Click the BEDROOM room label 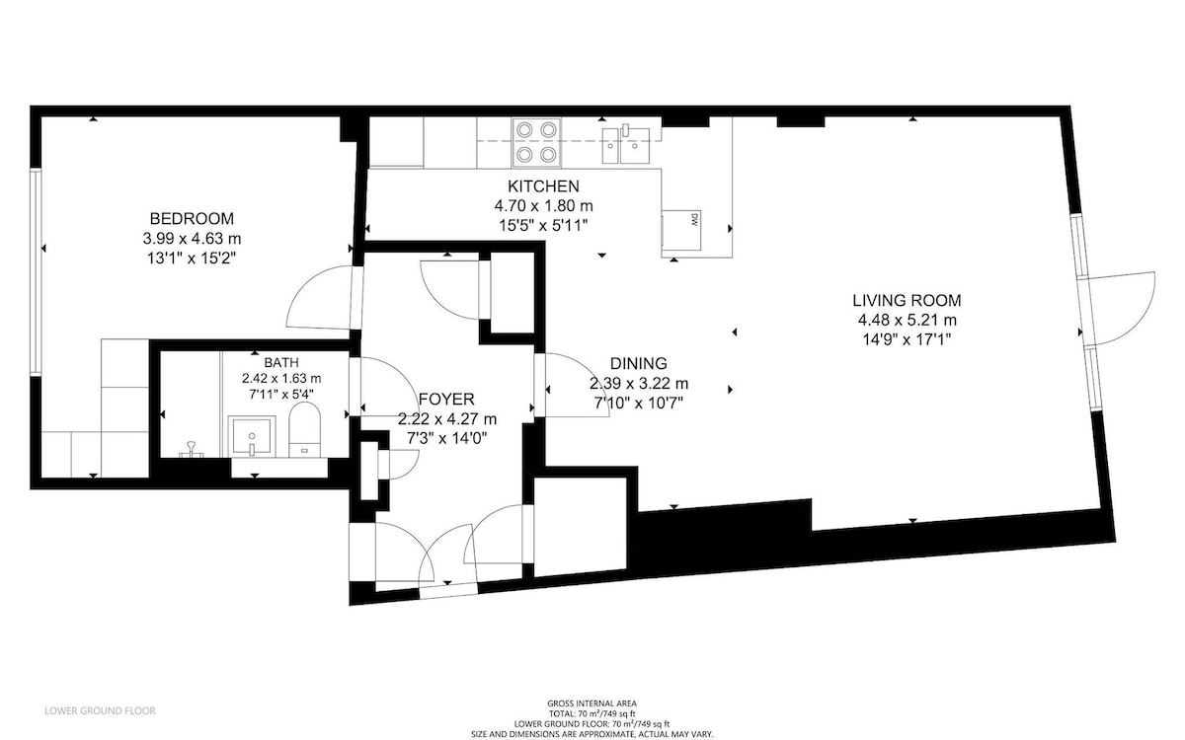click(x=192, y=218)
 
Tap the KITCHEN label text click(x=543, y=186)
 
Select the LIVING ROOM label click(x=907, y=300)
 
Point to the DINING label click(x=639, y=363)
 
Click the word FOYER click(x=446, y=399)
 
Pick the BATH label click(x=281, y=363)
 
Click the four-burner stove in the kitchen click(x=536, y=142)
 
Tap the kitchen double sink click(x=626, y=145)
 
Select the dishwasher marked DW click(x=682, y=230)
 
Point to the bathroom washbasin click(x=252, y=436)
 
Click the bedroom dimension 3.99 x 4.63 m click(x=192, y=239)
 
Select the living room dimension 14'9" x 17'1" click(x=907, y=339)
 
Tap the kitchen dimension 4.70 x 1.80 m click(x=543, y=205)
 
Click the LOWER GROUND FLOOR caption click(x=100, y=710)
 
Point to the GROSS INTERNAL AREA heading click(x=592, y=703)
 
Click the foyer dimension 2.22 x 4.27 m click(x=447, y=419)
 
